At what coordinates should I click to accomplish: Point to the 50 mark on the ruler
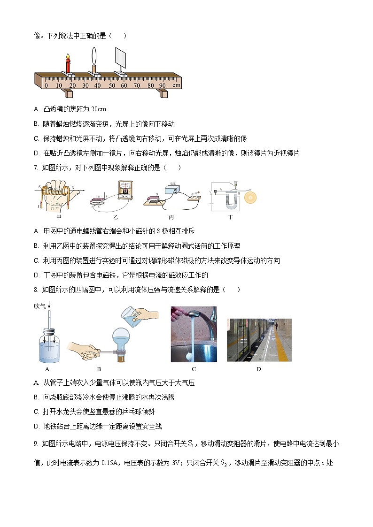pyautogui.click(x=112, y=85)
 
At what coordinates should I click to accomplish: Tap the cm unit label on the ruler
pyautogui.click(x=176, y=85)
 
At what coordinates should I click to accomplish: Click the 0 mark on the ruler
pyautogui.click(x=46, y=85)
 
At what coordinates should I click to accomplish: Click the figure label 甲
pyautogui.click(x=59, y=217)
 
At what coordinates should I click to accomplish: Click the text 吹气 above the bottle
pyautogui.click(x=39, y=306)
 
